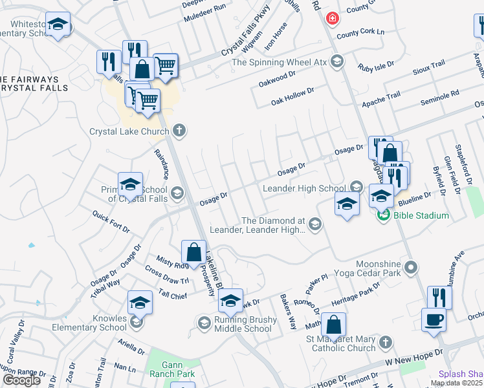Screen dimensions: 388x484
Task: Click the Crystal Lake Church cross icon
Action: (x=180, y=131)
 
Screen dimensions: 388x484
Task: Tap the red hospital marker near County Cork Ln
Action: (x=332, y=18)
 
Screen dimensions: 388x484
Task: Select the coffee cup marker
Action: (x=433, y=318)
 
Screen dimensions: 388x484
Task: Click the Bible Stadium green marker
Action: (x=383, y=215)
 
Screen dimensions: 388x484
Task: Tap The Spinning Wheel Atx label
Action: (x=280, y=62)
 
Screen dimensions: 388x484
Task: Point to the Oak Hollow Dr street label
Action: (x=292, y=95)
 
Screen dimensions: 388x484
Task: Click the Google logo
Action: (x=21, y=380)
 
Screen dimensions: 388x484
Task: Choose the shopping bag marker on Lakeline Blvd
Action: (x=194, y=252)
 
